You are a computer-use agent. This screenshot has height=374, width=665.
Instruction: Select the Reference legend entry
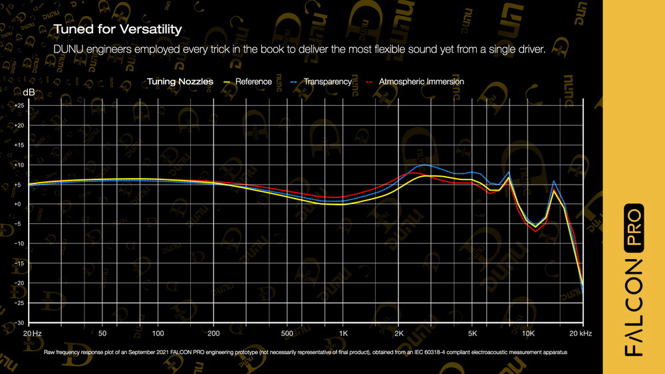[x=253, y=82]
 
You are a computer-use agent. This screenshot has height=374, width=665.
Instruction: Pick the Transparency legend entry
[x=327, y=82]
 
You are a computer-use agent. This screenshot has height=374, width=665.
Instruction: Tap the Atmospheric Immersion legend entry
[x=421, y=82]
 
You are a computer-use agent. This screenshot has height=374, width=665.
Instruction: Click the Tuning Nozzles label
[x=180, y=82]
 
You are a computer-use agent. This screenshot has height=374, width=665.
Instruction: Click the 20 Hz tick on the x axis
[x=32, y=331]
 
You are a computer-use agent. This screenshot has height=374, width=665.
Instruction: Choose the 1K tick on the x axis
[x=343, y=331]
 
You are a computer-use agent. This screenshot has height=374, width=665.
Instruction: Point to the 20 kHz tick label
[x=581, y=331]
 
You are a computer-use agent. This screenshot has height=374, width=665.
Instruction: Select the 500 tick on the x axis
[x=287, y=331]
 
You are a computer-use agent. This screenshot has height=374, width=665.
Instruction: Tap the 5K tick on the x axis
[x=473, y=331]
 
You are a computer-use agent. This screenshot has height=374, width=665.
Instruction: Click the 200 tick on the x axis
[x=213, y=331]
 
